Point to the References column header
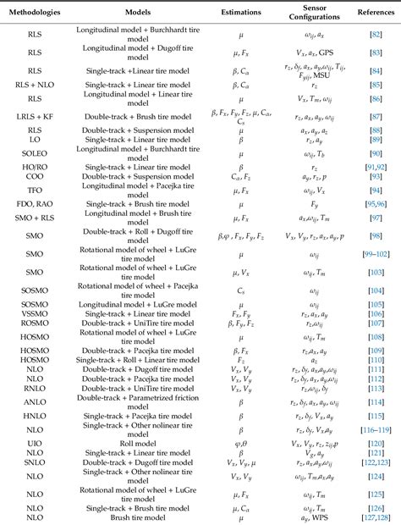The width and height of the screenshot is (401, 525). (x=371, y=14)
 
